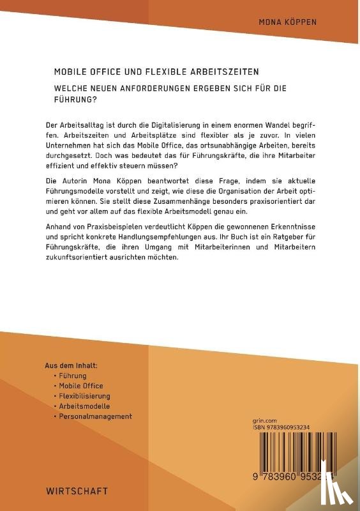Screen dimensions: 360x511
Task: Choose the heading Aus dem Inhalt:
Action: (71, 366)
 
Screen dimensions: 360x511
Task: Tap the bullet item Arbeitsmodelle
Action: (84, 406)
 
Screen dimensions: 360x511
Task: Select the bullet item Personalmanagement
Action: (95, 416)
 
